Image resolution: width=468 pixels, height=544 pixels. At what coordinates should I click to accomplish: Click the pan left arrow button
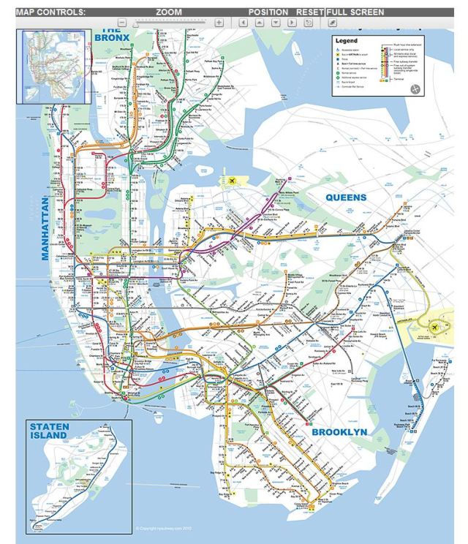244,23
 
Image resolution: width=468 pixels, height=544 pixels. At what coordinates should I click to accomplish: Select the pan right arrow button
292,23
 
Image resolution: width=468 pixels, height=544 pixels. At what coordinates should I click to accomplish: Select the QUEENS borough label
350,197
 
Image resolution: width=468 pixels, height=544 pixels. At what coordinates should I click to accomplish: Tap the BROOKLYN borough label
339,432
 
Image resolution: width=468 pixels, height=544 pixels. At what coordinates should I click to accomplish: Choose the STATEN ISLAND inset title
48,431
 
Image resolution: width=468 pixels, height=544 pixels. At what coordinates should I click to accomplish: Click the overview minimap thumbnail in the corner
54,67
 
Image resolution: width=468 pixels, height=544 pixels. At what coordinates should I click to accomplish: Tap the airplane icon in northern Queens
234,181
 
